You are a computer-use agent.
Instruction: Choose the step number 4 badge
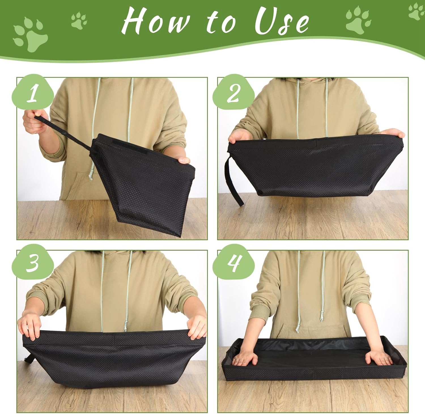(x=233, y=263)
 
